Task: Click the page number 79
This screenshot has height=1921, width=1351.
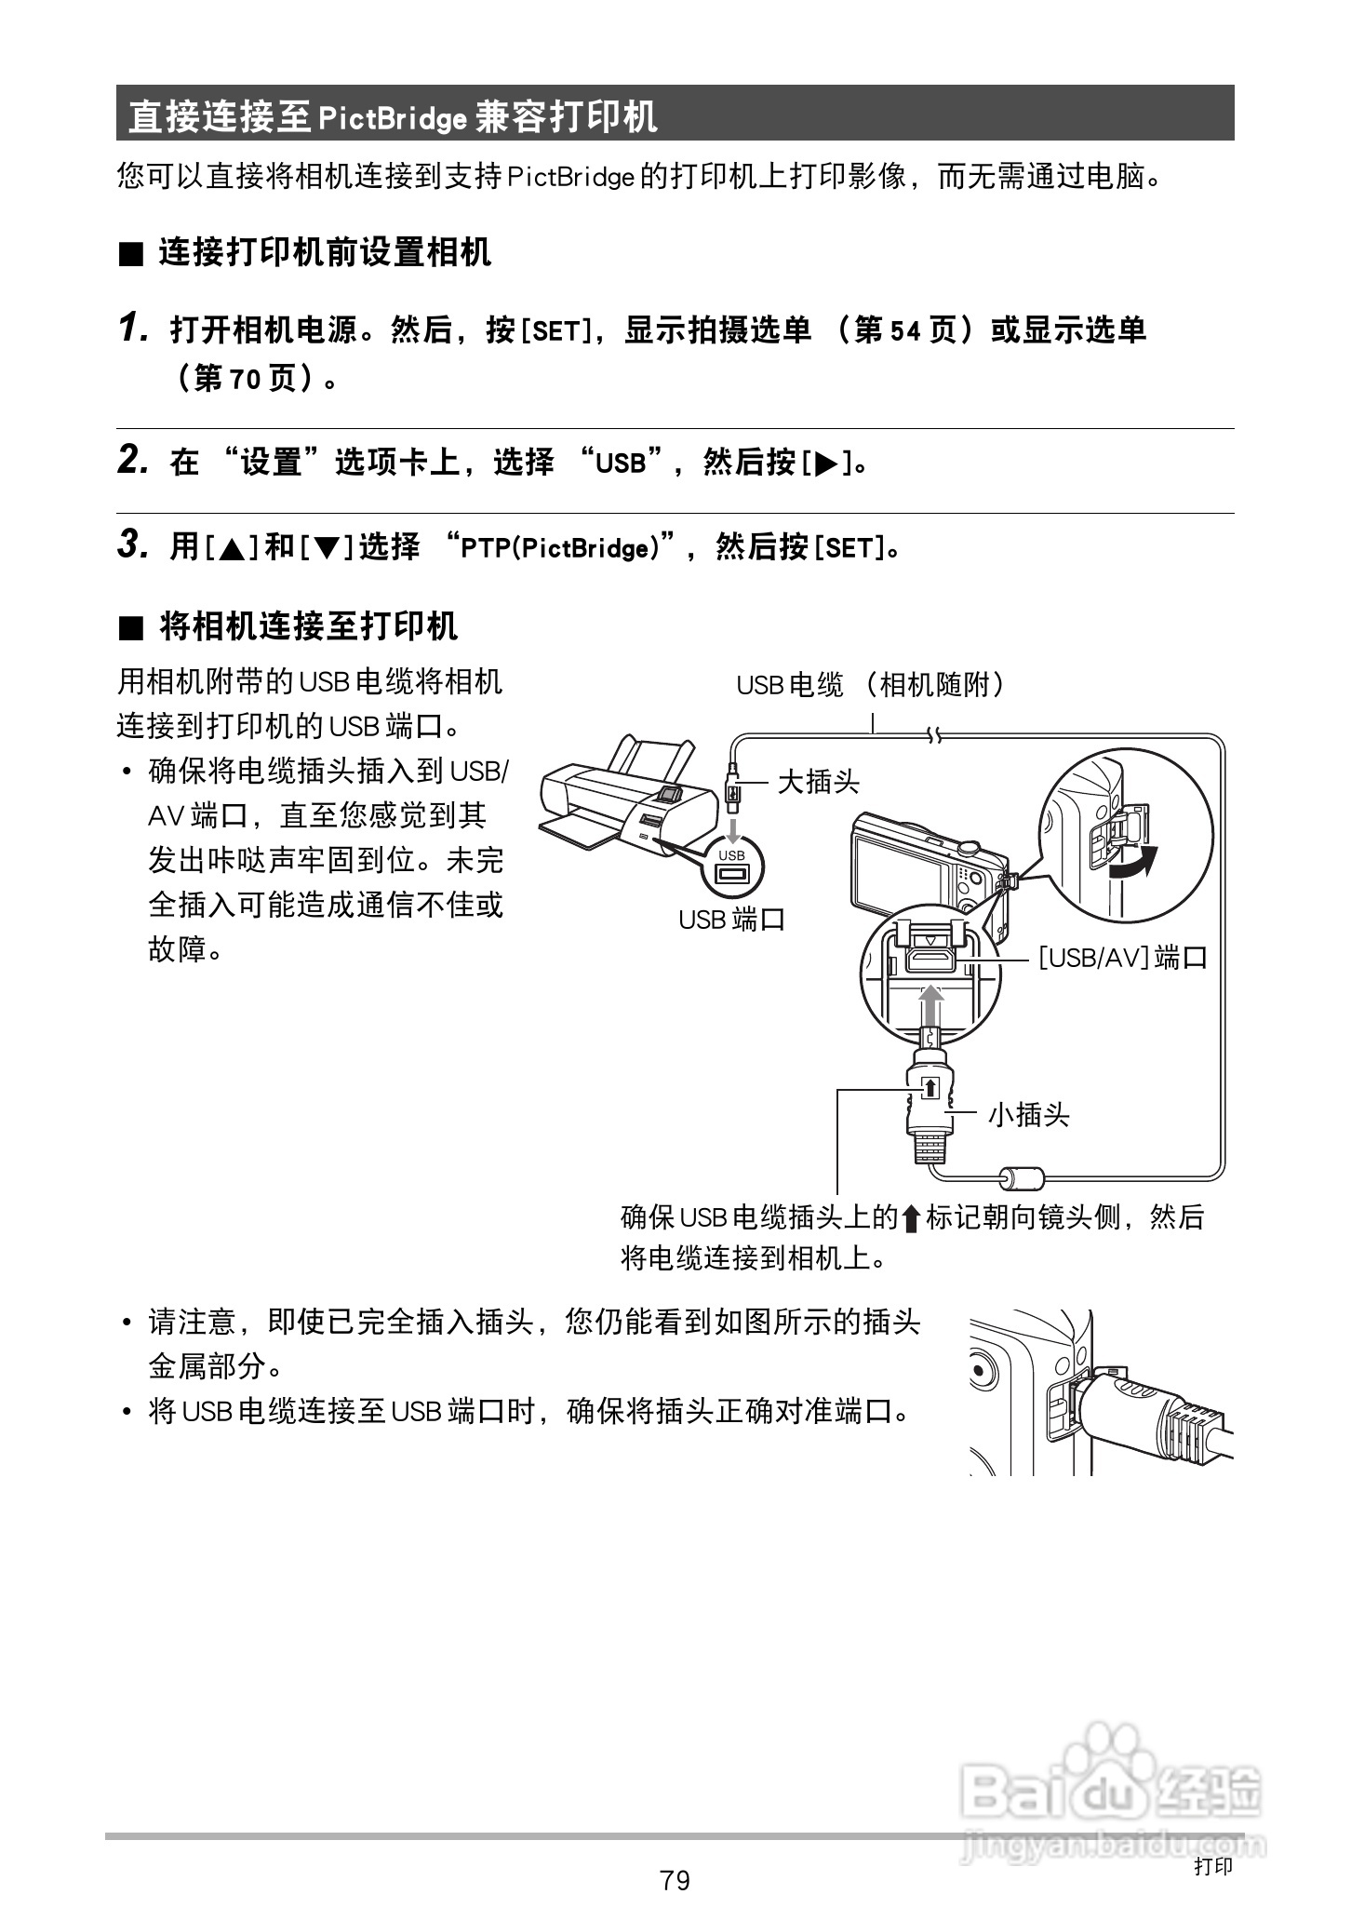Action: tap(675, 1880)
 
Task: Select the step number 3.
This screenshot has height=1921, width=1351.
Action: tap(132, 544)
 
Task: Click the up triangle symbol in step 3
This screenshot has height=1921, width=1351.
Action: tap(232, 548)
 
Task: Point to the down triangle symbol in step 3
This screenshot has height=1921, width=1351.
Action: tap(328, 548)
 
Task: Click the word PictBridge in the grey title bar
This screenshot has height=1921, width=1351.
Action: tap(392, 118)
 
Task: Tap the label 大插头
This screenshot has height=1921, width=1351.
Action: tap(818, 781)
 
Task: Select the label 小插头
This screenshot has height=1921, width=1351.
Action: tap(1028, 1114)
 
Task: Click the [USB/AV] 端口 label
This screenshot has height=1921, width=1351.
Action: tap(1122, 957)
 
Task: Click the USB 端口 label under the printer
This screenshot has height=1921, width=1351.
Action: tap(731, 920)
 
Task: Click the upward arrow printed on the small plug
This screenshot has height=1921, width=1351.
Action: tap(930, 1088)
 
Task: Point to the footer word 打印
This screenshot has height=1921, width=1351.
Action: tap(1213, 1866)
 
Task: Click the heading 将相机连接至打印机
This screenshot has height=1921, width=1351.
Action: tap(308, 626)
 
